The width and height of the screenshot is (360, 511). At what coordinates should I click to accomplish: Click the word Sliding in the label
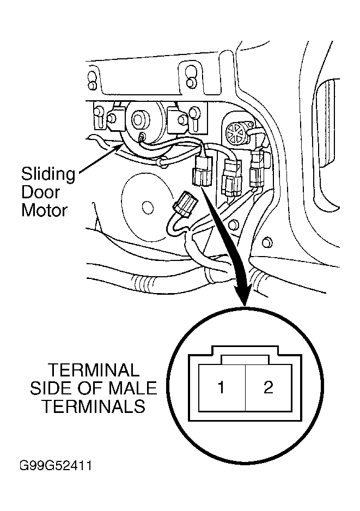[48, 175]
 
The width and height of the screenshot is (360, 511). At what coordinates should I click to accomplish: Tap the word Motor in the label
[44, 210]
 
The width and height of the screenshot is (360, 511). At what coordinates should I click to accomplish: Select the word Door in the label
[41, 192]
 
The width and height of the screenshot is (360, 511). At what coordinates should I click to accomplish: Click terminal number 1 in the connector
[221, 387]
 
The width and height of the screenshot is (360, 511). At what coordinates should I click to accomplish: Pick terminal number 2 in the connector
[268, 387]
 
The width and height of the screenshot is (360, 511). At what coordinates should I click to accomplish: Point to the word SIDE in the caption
[52, 388]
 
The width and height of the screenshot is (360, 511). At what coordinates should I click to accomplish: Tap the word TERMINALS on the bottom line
[94, 406]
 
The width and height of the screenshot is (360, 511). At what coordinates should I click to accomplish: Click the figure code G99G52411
[56, 466]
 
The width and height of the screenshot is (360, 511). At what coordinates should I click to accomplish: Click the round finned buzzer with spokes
[236, 133]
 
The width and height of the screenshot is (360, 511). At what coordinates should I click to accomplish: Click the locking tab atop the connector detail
[245, 360]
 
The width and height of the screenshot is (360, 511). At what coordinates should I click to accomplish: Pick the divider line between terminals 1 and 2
[245, 387]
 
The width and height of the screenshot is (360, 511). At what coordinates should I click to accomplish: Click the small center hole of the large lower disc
[148, 206]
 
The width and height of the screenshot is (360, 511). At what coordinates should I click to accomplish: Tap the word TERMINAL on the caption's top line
[94, 370]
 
